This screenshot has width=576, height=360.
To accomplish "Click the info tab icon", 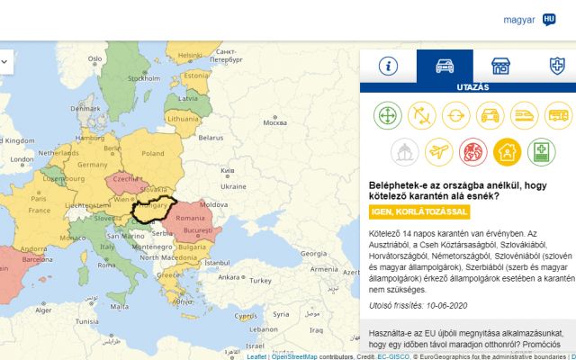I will click(x=389, y=66).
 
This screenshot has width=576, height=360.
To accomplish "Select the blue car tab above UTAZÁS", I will click(x=445, y=66).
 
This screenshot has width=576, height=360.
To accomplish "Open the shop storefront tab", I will click(x=500, y=66).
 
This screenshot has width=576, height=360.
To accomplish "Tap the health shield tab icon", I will click(x=557, y=66).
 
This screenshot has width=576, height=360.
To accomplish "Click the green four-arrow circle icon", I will click(x=388, y=115).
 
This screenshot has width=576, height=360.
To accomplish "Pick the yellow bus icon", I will click(x=559, y=115).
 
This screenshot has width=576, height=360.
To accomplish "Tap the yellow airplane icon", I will click(x=439, y=150).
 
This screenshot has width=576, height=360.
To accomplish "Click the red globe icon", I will click(x=473, y=150).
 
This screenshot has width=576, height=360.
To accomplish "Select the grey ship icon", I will click(x=405, y=150).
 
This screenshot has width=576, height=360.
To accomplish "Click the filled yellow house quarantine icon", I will click(x=508, y=150).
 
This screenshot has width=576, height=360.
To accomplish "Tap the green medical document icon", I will click(x=542, y=150).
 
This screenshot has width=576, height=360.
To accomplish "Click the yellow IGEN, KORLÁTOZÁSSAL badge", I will click(x=419, y=211).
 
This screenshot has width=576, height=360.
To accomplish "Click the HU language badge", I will click(x=549, y=19).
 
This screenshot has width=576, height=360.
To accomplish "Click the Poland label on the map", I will click(x=152, y=153).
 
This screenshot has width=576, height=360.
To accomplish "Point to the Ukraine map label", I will click(x=232, y=186).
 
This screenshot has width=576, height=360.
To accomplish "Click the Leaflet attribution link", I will click(x=256, y=356).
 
